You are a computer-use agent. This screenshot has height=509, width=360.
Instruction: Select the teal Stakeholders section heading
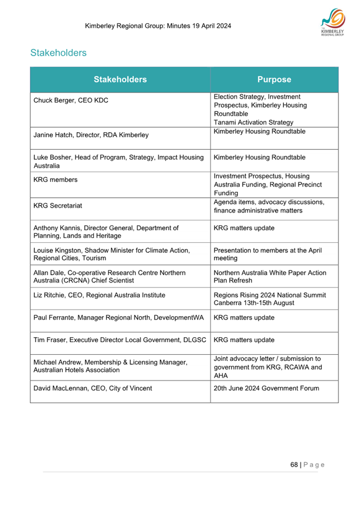(x=58, y=53)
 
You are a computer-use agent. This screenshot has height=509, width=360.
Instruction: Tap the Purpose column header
(x=274, y=79)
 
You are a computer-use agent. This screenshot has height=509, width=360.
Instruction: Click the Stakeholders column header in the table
(x=120, y=79)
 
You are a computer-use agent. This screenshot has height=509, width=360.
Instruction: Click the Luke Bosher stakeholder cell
(x=115, y=161)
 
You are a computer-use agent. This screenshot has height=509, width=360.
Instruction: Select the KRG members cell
(x=56, y=180)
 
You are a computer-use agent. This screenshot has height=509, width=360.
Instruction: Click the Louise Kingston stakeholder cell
(x=111, y=254)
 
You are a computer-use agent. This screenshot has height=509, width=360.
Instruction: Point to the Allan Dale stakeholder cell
(x=109, y=277)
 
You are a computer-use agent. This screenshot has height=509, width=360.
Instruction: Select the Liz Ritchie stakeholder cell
(x=99, y=295)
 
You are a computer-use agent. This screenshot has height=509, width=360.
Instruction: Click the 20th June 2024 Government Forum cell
(x=266, y=388)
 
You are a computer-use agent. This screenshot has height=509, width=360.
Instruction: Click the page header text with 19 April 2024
(x=158, y=26)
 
